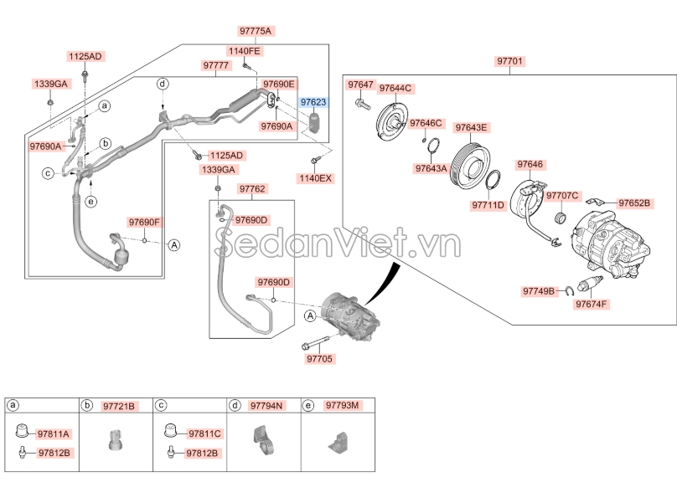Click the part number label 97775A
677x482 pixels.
coord(256,31)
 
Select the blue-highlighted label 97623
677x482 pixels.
coord(313,102)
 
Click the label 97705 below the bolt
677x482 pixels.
coord(319,358)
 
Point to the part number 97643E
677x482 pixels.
coord(471,128)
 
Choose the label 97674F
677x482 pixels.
coord(592,304)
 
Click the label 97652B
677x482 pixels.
coord(639,203)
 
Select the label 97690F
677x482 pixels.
coord(144,223)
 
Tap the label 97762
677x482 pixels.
coord(251,189)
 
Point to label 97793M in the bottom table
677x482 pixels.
coord(343,406)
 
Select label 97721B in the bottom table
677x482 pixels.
coord(119,406)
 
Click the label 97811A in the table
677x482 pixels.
coord(54,434)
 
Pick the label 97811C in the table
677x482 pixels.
coord(204,434)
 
